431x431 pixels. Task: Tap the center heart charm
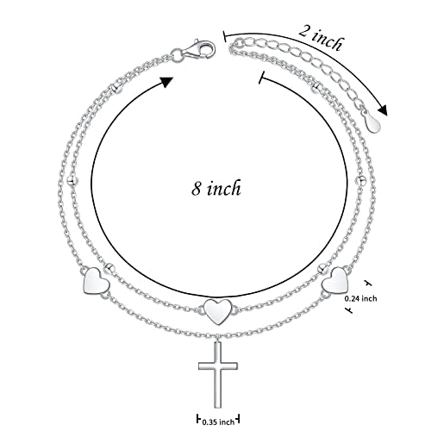click(218, 312)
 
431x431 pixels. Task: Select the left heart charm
click(96, 281)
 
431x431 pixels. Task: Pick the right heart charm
click(335, 279)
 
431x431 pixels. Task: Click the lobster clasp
click(200, 49)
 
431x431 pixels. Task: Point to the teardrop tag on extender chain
click(372, 123)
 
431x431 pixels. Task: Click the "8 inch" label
click(216, 189)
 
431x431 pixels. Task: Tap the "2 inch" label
click(321, 37)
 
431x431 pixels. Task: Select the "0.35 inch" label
click(218, 422)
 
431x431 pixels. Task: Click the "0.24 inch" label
click(360, 298)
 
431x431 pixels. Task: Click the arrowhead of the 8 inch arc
click(166, 82)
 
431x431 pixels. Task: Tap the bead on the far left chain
click(72, 180)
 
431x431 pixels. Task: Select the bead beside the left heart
click(110, 268)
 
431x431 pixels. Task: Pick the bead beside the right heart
click(322, 268)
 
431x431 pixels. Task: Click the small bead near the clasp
click(116, 88)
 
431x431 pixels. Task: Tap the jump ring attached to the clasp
click(177, 54)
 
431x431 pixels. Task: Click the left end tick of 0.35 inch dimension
click(198, 419)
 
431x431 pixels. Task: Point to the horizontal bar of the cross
click(218, 365)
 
